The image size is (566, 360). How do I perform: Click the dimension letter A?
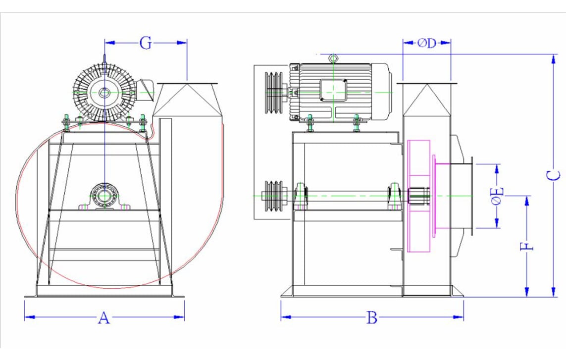(x=103, y=317)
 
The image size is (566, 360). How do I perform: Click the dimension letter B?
(x=372, y=318)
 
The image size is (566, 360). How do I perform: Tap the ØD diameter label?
(x=426, y=43)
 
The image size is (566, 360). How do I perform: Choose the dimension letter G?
(x=145, y=43)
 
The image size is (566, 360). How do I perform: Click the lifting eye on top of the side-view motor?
(x=334, y=59)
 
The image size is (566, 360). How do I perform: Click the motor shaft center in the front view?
(x=104, y=92)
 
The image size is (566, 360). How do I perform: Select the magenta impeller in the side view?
(x=418, y=196)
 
